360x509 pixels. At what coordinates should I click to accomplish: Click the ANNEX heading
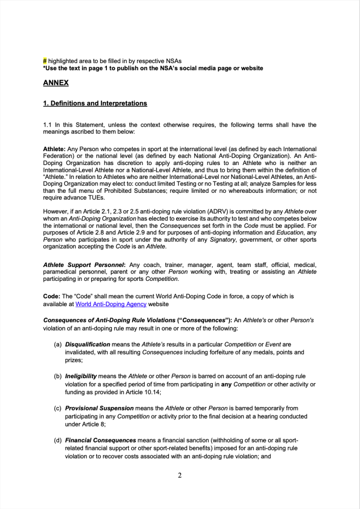[56, 83]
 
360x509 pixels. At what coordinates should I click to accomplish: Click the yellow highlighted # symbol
[45, 61]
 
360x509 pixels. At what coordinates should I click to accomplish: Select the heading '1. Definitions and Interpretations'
[95, 103]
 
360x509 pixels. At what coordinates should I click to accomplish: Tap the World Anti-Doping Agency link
[111, 304]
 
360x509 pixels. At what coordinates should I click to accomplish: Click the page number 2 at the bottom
[180, 475]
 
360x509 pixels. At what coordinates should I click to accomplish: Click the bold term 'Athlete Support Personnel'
[84, 264]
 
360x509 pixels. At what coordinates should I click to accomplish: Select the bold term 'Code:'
[52, 296]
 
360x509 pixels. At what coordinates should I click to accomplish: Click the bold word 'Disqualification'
[88, 344]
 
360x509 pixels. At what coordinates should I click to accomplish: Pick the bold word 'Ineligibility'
[81, 376]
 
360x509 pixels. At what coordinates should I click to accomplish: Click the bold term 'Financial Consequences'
[100, 440]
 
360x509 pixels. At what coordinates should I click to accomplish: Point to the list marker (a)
[58, 344]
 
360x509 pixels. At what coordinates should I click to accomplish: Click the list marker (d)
[58, 440]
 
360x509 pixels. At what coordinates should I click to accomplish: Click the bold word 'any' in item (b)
[226, 384]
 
